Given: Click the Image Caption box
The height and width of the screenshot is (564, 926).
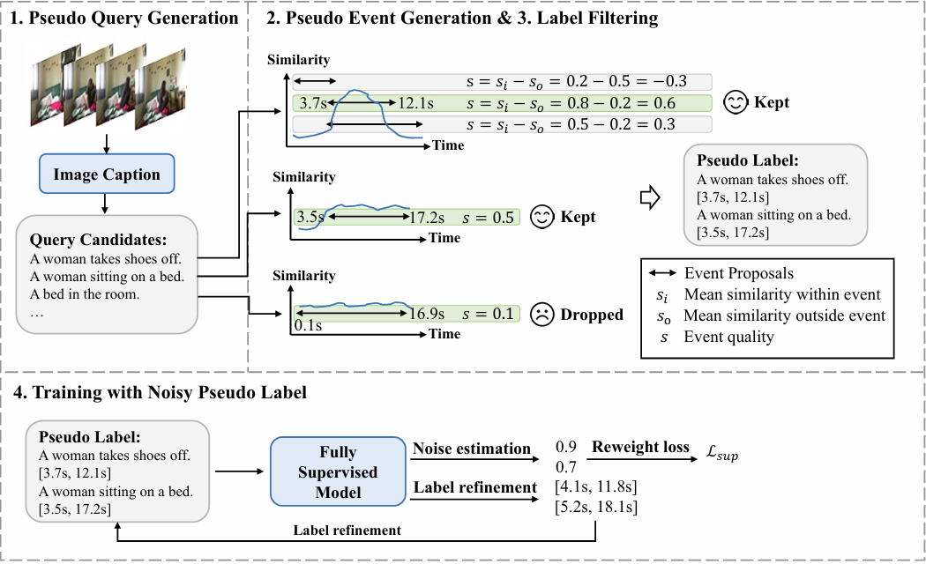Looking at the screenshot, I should [107, 174].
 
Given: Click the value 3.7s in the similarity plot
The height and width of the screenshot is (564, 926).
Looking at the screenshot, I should [313, 103].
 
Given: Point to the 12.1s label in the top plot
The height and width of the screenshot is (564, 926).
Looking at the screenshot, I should [416, 103].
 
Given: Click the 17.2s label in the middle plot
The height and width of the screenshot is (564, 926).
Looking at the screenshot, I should [427, 216].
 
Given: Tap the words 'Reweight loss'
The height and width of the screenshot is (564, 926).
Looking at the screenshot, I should [640, 447].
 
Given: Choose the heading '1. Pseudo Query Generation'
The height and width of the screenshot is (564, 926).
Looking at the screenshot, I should [123, 17].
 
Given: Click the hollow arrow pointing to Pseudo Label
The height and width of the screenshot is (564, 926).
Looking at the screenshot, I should [647, 199].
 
